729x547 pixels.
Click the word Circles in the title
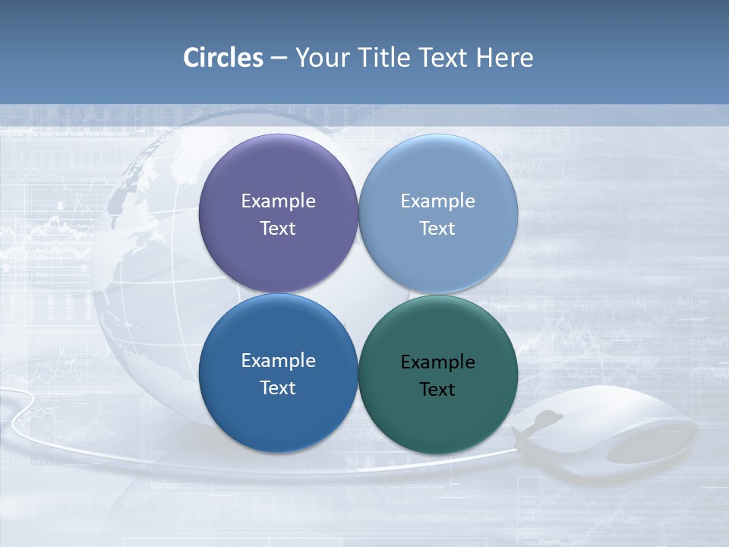click(x=222, y=58)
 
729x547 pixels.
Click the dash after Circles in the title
click(x=279, y=58)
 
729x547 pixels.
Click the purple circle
click(x=278, y=175)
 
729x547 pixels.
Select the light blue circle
click(x=438, y=175)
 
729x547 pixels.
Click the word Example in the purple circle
click(x=278, y=201)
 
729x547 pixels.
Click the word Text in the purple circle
click(x=278, y=228)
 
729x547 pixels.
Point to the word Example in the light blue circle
click(x=437, y=201)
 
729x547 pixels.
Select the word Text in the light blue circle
click(x=437, y=228)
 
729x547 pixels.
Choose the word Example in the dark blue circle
click(x=278, y=360)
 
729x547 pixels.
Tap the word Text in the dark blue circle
click(x=278, y=387)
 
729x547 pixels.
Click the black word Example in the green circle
click(x=437, y=362)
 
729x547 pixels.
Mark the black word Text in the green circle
click(x=437, y=389)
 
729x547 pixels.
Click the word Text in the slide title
click(x=444, y=58)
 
